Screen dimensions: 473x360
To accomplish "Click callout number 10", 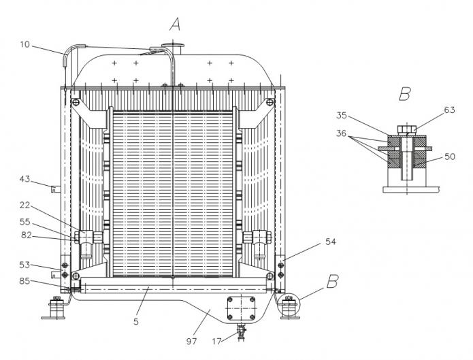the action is (x=25, y=45).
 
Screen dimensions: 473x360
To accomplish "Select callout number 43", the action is (x=25, y=179).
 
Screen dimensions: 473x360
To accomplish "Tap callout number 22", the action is (x=25, y=206).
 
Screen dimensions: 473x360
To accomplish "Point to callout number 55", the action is (x=25, y=222).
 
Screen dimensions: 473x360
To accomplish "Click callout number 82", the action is (x=27, y=235).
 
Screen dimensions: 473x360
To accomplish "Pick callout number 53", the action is (x=25, y=265).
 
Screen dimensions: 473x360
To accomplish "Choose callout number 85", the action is (x=25, y=281).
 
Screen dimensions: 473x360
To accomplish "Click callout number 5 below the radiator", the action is (x=136, y=322).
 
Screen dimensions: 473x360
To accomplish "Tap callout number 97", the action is (x=191, y=342).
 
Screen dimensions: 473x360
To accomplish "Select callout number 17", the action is (x=217, y=342).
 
